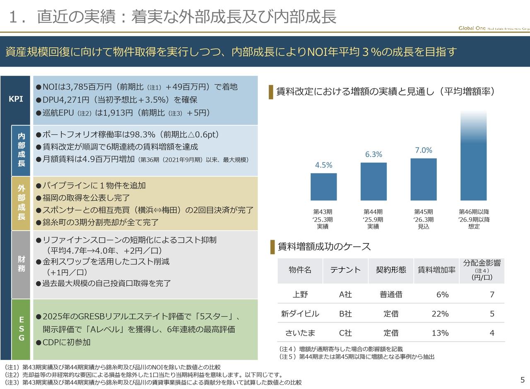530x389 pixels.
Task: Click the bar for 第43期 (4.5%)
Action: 323,187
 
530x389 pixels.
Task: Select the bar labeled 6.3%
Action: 373,181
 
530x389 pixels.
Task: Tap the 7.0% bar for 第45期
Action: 423,179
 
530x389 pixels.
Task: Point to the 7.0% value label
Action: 424,150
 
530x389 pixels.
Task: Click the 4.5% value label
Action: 323,165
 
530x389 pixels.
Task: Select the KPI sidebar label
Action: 16,100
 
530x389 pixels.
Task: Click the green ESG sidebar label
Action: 21,329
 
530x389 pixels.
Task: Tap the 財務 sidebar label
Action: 21,264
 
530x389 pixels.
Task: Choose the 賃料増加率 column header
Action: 436,270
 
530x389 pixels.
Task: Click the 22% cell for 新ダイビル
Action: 440,314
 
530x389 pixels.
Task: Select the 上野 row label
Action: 300,294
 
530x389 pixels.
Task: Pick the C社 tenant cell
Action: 345,333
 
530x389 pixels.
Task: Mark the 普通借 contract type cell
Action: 390,294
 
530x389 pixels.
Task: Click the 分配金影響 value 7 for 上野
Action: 491,294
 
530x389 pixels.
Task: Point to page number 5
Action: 522,380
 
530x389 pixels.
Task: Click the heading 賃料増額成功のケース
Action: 324,247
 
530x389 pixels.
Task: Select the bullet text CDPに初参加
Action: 66,342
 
